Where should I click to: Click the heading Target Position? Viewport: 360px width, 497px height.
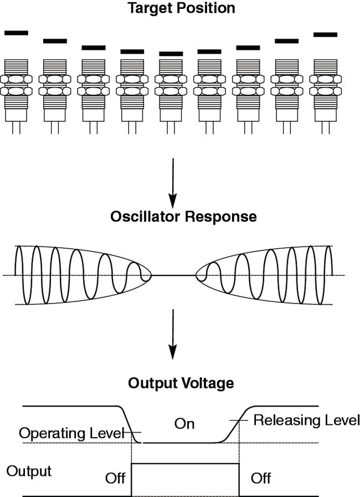click(181, 8)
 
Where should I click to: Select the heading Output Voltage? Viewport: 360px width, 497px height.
click(181, 383)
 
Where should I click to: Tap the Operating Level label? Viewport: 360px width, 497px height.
click(70, 433)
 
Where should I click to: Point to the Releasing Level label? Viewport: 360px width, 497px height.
click(306, 420)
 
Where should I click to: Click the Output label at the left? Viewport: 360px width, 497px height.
click(29, 472)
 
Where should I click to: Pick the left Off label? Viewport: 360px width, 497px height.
click(115, 478)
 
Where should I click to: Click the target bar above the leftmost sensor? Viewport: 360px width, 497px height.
click(16, 33)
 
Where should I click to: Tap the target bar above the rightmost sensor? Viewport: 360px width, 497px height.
click(325, 34)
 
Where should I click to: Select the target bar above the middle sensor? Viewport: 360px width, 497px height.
click(171, 54)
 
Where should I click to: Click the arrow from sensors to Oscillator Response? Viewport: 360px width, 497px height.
click(173, 180)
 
